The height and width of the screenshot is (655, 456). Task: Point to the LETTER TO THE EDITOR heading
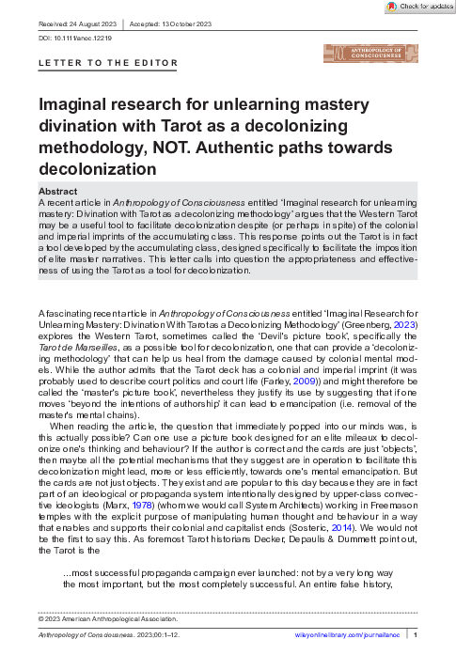click(x=107, y=64)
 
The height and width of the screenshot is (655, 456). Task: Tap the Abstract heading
click(x=59, y=191)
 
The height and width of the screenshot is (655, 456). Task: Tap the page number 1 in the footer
click(x=416, y=637)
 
